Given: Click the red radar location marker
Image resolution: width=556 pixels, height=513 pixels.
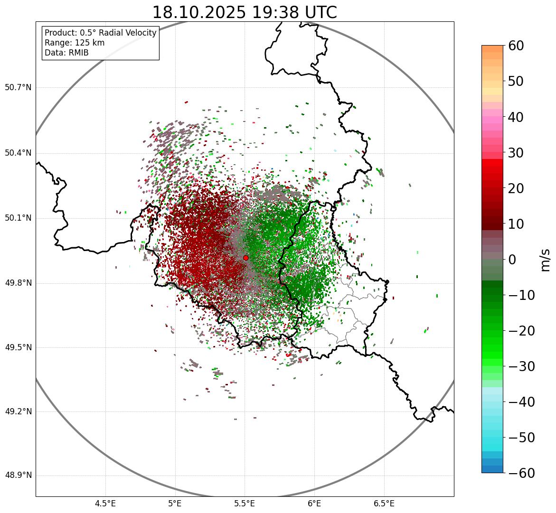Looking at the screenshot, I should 246,258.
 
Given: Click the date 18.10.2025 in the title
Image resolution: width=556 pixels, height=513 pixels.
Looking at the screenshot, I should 199,12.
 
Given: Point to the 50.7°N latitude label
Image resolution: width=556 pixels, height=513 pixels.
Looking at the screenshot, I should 18,88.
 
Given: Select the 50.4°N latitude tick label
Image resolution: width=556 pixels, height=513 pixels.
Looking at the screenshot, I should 18,153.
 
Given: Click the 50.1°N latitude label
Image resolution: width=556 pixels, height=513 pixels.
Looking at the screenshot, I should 18,218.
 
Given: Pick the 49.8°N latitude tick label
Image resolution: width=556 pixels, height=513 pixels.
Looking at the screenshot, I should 18,283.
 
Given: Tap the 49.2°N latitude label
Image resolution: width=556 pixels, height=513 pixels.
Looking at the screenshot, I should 18,411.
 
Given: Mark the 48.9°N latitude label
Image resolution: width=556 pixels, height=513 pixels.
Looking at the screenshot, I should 18,476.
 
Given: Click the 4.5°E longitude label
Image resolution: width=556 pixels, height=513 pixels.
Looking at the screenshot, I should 105,504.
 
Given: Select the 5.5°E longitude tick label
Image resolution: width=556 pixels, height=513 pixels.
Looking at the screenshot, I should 245,504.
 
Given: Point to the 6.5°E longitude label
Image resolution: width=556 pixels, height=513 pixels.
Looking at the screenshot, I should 384,504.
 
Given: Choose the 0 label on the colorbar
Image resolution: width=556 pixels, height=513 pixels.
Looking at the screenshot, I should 513,260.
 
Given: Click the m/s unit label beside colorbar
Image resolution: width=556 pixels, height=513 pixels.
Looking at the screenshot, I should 545,260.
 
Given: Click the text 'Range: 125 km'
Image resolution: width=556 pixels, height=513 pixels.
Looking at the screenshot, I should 75,43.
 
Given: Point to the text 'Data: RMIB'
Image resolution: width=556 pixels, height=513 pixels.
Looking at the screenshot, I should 66,53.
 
